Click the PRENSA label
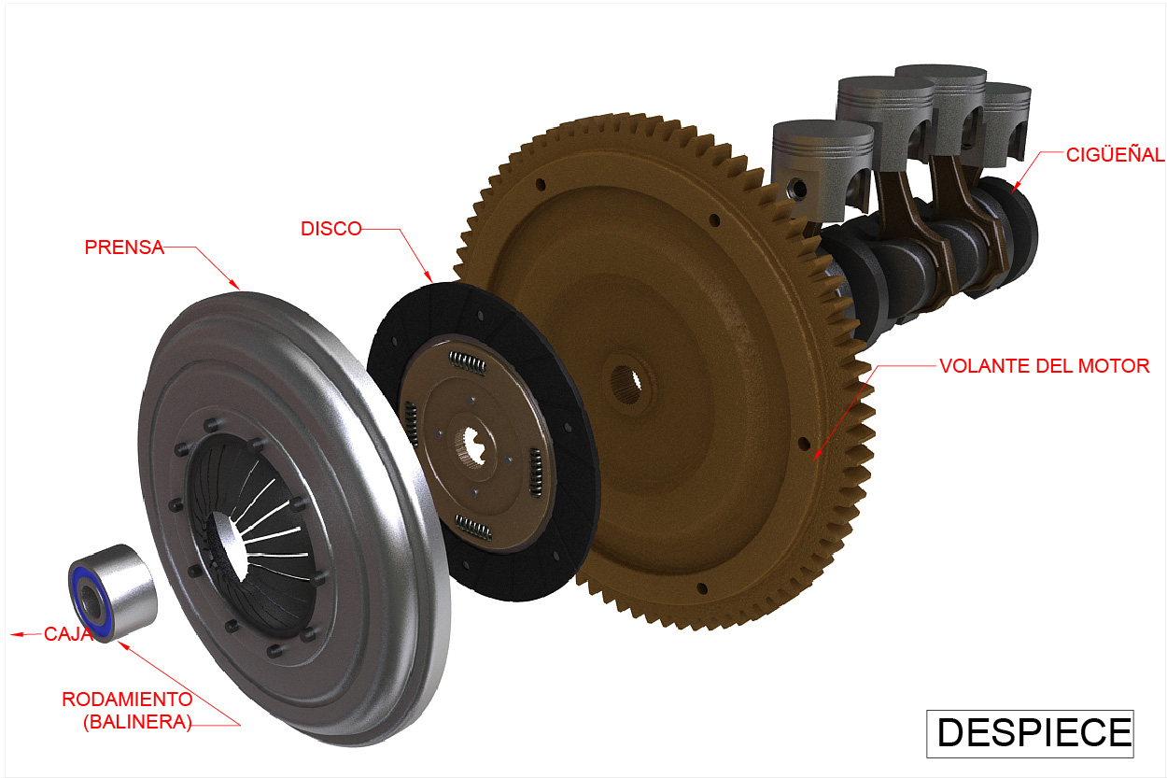pos(123,248)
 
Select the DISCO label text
pos(330,229)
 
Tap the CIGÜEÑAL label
pos(1115,155)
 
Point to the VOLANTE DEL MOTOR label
pos(1044,366)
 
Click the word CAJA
pos(68,634)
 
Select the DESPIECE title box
pos(1029,733)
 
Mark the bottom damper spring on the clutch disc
pos(473,528)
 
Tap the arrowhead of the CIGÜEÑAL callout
pos(1015,189)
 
